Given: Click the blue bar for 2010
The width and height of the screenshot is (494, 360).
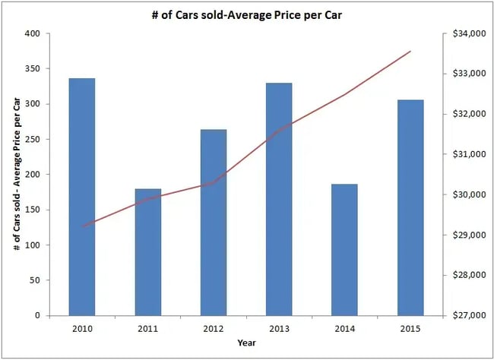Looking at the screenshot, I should (x=82, y=197).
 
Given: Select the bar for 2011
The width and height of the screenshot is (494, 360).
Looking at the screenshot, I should (x=148, y=251).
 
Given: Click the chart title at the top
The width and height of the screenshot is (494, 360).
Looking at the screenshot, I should (x=246, y=13).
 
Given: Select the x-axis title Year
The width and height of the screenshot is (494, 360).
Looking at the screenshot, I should (x=246, y=343).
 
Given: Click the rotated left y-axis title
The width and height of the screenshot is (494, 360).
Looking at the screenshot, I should (x=17, y=175).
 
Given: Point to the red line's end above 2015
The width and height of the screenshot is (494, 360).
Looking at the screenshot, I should (x=410, y=52).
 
